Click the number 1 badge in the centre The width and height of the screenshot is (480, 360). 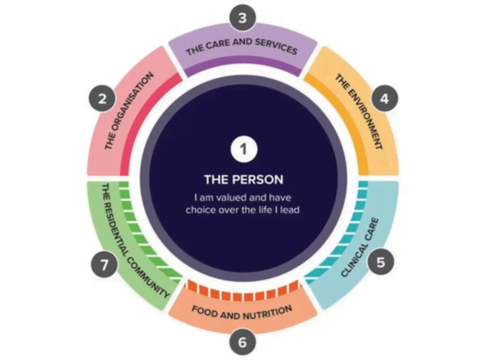coord(244,149)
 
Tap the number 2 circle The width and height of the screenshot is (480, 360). coord(102,99)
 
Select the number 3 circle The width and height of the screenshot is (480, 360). coord(242,17)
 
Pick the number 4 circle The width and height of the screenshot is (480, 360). coord(384,98)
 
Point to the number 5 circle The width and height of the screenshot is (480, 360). coord(381,262)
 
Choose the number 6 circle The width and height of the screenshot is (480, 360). coord(242,342)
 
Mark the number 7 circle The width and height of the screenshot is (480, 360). coord(104,264)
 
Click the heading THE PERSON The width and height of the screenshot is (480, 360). coord(244,179)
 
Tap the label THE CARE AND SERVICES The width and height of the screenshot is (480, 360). coord(241,46)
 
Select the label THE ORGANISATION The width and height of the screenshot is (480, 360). coord(129,111)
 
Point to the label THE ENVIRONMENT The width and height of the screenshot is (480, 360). coord(359,111)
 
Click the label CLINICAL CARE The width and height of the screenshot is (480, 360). coord(360,247)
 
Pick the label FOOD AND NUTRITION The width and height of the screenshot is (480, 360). coord(242,312)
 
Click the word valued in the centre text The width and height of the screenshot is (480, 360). coord(231,197)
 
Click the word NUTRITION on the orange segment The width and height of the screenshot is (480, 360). coord(267,314)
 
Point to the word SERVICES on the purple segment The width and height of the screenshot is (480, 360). coord(276,47)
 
